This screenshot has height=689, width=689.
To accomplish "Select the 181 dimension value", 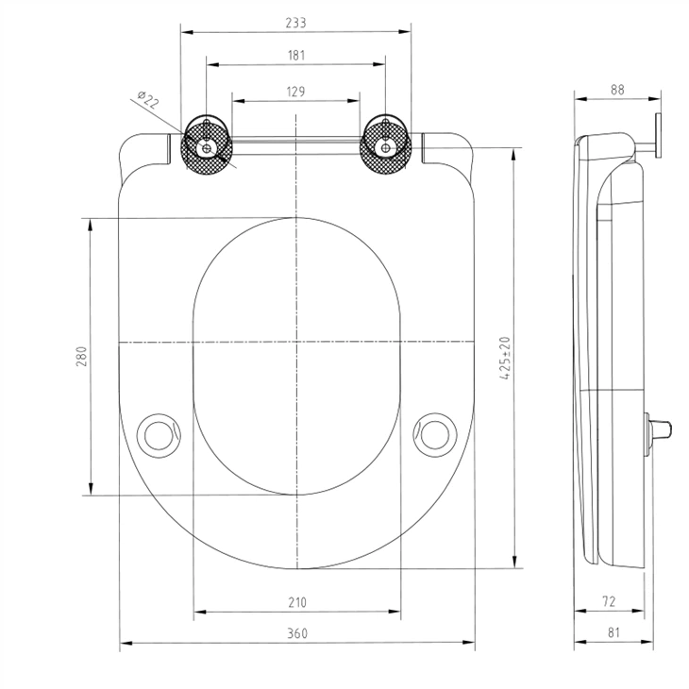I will point(296,56).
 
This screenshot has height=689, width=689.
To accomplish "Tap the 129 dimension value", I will point(296,91).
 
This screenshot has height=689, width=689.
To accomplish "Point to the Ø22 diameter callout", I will point(148,100).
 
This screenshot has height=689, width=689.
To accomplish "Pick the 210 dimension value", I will point(297,602).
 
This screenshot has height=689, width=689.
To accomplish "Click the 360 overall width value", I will point(297,633).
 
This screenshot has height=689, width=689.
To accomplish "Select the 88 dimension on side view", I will point(617,90).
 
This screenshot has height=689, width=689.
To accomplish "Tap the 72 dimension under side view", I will point(609,601).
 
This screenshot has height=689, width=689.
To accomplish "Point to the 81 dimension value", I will point(613,633).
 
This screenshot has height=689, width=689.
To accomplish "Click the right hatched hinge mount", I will point(384,144).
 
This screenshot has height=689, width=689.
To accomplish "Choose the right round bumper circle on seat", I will point(436,432).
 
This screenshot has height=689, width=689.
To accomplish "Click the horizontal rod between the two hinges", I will point(296,143).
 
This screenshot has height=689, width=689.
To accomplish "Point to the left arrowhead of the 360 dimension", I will point(123,644).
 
